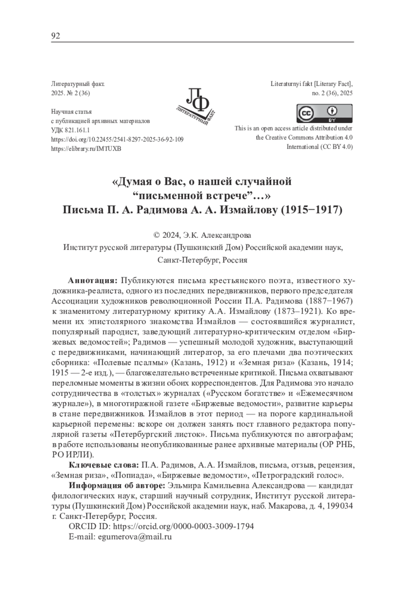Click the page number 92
click(x=55, y=36)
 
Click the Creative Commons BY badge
click(x=324, y=113)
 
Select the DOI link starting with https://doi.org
click(x=117, y=139)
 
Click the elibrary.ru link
click(x=86, y=149)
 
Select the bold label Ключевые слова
click(x=104, y=465)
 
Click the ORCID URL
click(x=183, y=526)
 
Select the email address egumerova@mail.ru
click(x=134, y=537)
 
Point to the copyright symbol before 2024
click(x=156, y=236)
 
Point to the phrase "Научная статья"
click(x=71, y=112)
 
